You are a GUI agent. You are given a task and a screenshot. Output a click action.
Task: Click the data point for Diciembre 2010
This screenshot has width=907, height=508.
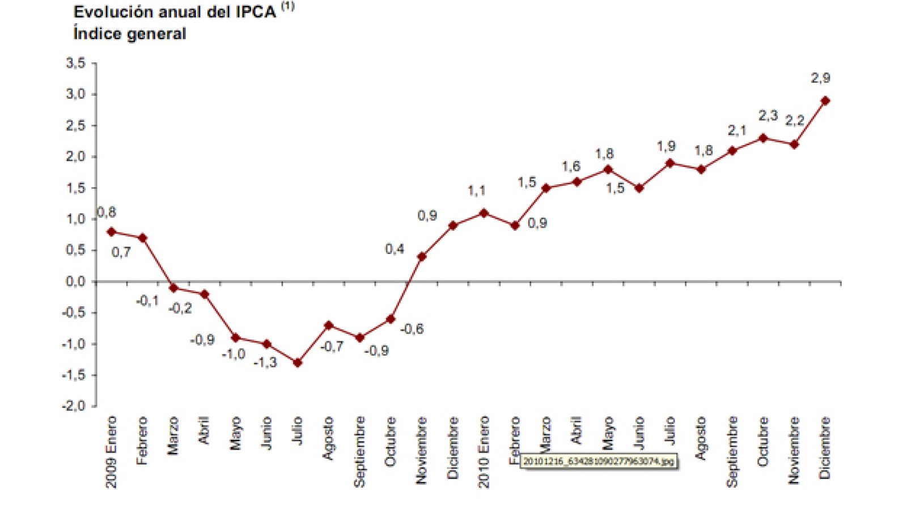point(825,101)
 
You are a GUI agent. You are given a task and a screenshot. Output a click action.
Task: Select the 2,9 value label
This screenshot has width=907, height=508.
point(820,78)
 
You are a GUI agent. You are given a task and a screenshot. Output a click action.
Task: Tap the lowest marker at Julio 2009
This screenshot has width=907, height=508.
point(298,363)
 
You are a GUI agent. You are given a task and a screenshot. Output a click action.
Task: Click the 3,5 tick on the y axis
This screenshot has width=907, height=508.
point(76,63)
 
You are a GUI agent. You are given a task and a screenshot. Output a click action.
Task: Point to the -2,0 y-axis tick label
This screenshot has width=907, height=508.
point(74,406)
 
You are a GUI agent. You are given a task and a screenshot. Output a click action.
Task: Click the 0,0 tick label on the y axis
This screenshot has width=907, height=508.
point(76,281)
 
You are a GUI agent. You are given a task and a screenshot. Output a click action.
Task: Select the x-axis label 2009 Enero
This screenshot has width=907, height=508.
point(111,452)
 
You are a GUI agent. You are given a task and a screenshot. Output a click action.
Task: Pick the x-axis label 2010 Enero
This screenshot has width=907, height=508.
point(484,452)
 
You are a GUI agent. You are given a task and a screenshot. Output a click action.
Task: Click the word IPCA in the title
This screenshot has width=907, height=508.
point(255,12)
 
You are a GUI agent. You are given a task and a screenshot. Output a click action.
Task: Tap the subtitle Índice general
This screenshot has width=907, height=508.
point(130,34)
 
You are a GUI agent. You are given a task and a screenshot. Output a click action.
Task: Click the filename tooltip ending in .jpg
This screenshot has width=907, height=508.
point(598,462)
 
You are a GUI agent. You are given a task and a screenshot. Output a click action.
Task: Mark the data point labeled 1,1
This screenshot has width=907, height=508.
point(484,213)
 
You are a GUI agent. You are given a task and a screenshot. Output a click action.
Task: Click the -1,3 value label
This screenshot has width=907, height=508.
point(265,362)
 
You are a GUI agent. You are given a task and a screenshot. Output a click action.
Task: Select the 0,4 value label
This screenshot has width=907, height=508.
point(395,249)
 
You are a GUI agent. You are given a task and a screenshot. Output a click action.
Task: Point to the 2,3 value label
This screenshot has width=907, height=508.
point(768,116)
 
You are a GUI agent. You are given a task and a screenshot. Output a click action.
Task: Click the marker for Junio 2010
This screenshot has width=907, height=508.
point(639,188)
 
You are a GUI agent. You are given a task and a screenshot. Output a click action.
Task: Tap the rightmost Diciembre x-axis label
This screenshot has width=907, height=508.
point(825,448)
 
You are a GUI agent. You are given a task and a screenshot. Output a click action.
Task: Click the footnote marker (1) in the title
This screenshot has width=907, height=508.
point(288,7)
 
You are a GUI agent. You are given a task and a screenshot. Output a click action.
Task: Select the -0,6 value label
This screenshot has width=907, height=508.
point(412,329)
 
